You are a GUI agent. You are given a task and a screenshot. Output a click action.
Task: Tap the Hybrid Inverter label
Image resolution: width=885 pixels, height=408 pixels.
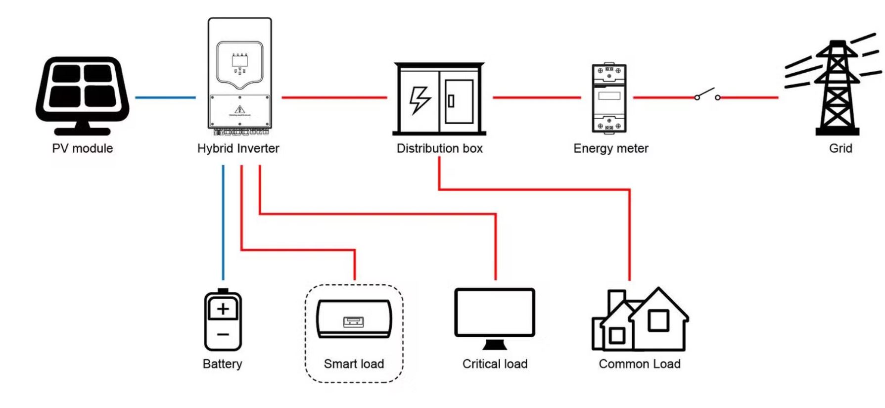238,148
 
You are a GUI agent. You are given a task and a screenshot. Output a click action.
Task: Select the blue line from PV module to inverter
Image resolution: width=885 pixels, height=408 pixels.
165,97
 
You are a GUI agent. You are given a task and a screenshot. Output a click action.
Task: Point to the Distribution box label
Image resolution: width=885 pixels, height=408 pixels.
439,148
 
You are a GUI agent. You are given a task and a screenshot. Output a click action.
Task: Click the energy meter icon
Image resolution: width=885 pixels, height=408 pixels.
609,97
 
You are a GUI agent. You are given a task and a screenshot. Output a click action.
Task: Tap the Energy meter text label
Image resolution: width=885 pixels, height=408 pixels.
610,148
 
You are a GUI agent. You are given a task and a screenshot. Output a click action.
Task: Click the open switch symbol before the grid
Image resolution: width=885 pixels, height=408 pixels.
707,95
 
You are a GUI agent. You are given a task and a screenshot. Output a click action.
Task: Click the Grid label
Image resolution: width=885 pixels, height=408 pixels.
840,148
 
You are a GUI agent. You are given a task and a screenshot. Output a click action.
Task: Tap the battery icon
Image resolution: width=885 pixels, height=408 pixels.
223,320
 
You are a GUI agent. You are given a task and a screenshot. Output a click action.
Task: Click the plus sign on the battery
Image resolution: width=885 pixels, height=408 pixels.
223,309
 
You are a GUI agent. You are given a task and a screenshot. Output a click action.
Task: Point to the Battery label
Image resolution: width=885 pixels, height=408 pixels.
222,364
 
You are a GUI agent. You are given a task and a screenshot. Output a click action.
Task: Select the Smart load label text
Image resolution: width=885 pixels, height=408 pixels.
354,364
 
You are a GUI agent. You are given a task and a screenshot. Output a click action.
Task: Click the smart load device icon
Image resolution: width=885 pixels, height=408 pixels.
354,320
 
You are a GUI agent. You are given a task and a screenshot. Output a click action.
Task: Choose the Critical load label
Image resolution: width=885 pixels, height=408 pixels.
495,364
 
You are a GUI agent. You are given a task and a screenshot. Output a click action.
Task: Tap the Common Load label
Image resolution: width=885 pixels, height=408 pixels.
639,364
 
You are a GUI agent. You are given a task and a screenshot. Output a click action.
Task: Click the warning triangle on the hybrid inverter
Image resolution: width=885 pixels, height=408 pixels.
240,109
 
